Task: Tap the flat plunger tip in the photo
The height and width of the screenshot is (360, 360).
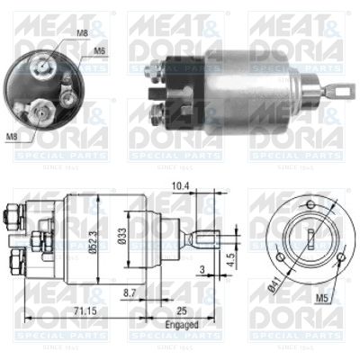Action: (343, 90)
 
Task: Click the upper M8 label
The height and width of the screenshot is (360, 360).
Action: (83, 33)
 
